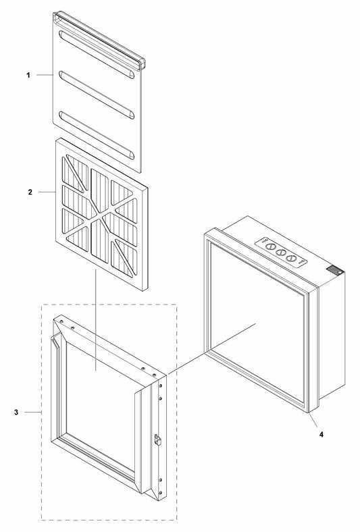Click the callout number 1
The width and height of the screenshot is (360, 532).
coord(28,75)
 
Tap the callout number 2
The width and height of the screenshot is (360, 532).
coord(30,192)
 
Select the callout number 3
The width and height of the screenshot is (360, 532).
coord(16,413)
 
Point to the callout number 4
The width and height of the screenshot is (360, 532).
coord(321,434)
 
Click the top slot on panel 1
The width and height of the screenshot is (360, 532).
coord(97,55)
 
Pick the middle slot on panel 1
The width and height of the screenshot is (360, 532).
coord(97,95)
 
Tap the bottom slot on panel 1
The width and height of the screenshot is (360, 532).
coord(97,135)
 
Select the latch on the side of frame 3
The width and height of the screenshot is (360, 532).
coord(157,439)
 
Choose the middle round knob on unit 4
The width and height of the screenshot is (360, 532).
coord(281,252)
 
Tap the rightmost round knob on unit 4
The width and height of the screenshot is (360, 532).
coord(291,258)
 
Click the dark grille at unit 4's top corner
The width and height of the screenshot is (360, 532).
coord(334,271)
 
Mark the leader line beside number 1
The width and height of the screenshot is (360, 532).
coord(45,75)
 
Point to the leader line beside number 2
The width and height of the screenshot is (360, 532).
coord(47,192)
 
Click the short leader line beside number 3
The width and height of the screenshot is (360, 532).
coord(32,413)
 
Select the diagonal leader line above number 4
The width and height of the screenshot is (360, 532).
coord(313,420)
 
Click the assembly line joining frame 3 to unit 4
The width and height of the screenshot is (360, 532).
coord(211,348)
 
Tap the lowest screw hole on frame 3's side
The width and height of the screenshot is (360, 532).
coord(161,492)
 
